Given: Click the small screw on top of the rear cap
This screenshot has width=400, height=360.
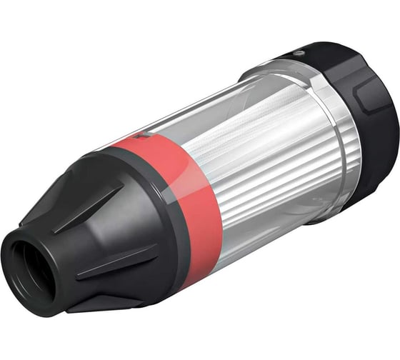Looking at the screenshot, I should tap(299, 52).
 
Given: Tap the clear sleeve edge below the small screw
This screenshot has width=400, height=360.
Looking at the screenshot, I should tap(286, 71).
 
